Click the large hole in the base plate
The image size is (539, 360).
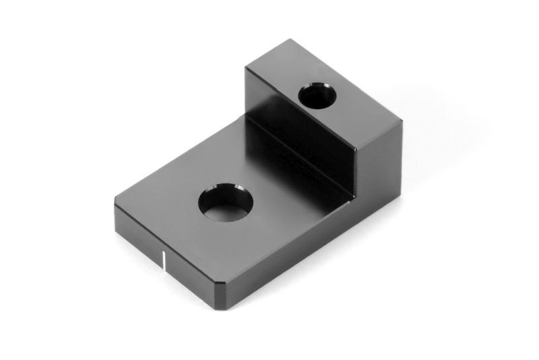[225, 202]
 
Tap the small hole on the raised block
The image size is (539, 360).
[317, 96]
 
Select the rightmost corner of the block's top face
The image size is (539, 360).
[402, 121]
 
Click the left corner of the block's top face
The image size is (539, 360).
[245, 67]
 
